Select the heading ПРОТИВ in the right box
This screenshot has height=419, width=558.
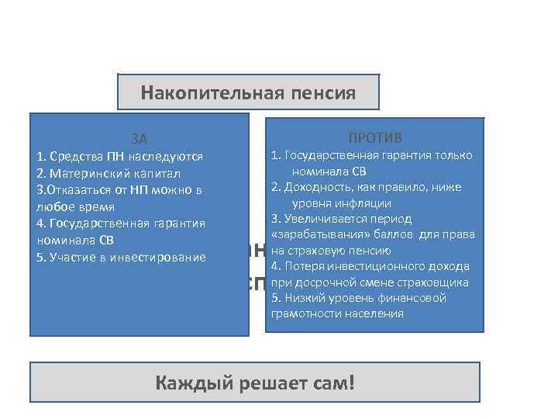tap(374, 138)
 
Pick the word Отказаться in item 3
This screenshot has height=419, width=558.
tap(81, 190)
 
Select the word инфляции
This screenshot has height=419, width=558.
tap(364, 203)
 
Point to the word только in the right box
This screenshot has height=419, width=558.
tap(454, 155)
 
